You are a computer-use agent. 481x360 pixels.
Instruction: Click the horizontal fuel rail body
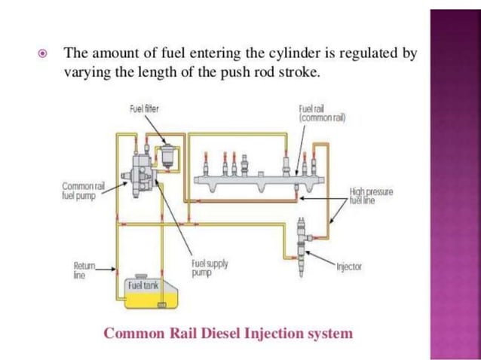point(256,179)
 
